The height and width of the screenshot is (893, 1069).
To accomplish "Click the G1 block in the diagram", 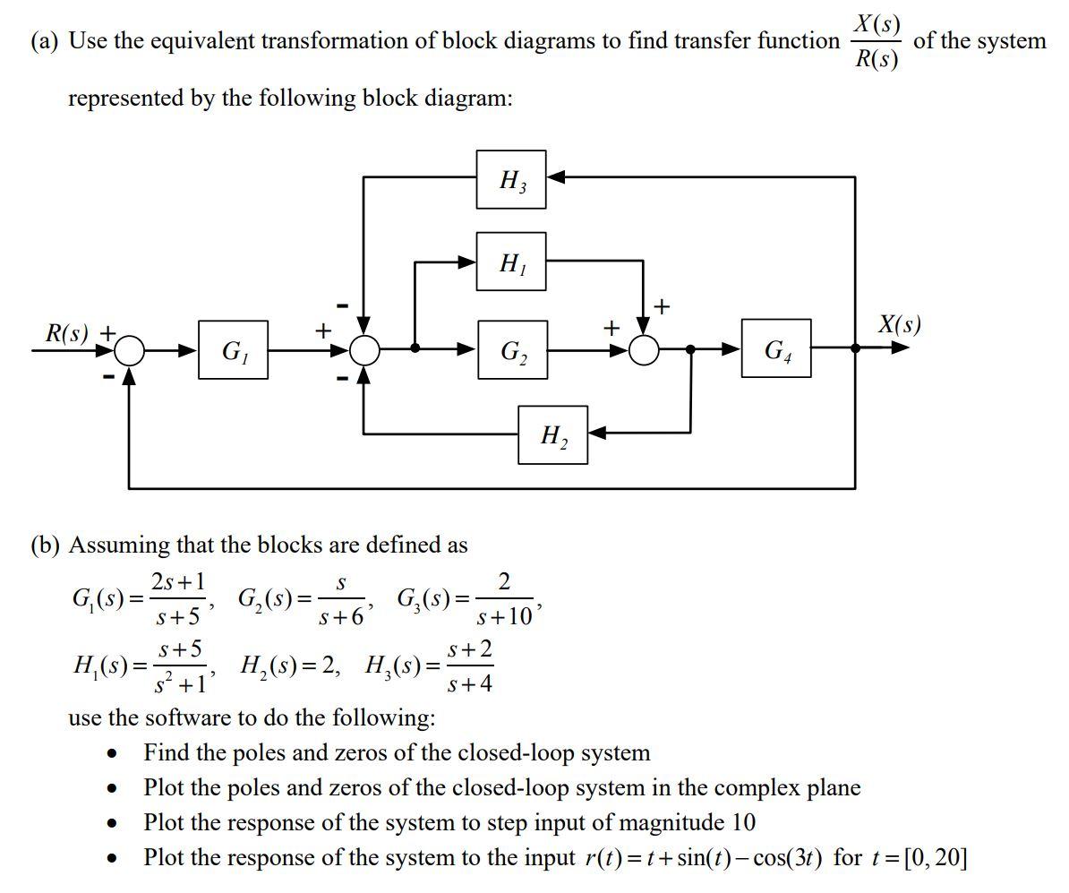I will (x=233, y=349).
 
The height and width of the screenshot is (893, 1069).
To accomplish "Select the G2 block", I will (x=511, y=349).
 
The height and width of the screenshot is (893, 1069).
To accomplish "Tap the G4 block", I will (x=776, y=348).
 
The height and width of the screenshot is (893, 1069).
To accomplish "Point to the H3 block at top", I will (x=511, y=179).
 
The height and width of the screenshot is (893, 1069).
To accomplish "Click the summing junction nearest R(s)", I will (x=130, y=350).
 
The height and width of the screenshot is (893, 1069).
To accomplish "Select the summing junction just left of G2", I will (x=364, y=349).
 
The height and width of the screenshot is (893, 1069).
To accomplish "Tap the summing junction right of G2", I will (x=644, y=349).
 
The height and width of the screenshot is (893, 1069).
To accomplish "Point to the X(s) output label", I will (x=899, y=324).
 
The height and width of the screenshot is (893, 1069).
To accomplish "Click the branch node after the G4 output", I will (x=855, y=348).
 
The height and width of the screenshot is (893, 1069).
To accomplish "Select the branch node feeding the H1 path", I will (x=415, y=348).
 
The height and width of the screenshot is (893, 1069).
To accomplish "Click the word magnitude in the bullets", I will (x=672, y=822).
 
